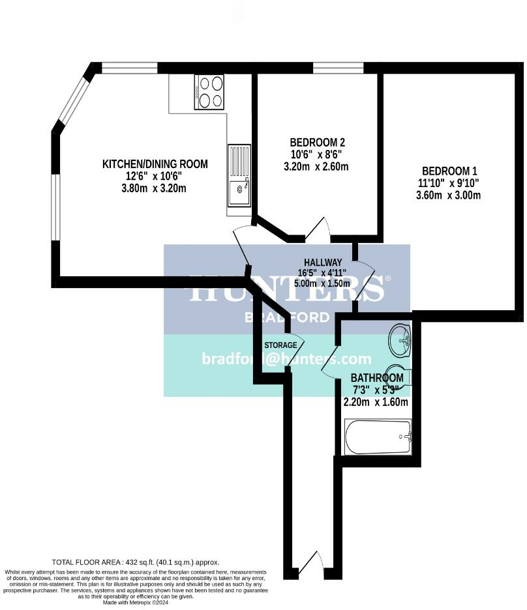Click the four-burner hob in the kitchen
(209, 92)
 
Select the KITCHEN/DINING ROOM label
(155, 164)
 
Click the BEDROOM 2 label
(316, 143)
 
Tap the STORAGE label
(280, 345)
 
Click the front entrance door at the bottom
(312, 564)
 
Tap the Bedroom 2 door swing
(318, 230)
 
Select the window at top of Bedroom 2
(338, 68)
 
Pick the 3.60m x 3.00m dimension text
(449, 195)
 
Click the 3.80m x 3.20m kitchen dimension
(155, 189)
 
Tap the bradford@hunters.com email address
(286, 359)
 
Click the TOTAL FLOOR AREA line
(136, 562)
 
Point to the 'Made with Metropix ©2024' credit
(136, 603)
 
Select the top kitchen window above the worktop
(130, 68)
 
